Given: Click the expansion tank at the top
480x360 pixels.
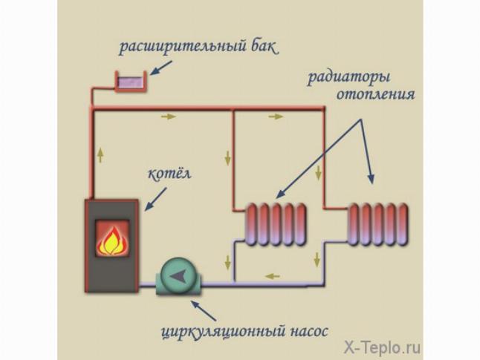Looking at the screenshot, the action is (x=131, y=81).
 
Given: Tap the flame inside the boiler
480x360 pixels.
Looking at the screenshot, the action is (x=112, y=241).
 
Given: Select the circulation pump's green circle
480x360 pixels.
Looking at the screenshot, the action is (x=178, y=275).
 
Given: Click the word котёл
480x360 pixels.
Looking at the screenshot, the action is (x=169, y=174).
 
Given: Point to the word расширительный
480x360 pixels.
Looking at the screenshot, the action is (x=183, y=47).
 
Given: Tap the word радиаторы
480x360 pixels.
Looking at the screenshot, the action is (x=348, y=76).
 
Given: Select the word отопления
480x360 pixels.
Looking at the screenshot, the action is (x=376, y=94).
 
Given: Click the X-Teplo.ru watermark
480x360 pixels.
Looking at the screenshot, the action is (x=382, y=347).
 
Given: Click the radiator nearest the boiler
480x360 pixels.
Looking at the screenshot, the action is (x=276, y=224).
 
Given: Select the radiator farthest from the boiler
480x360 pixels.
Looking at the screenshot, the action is (x=378, y=224).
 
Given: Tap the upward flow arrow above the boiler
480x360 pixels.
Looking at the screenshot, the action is (x=100, y=155).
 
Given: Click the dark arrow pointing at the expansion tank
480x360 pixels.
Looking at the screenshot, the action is (x=160, y=68).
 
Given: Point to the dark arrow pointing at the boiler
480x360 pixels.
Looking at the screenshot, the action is (x=155, y=199).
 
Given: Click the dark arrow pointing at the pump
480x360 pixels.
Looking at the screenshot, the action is (x=204, y=310).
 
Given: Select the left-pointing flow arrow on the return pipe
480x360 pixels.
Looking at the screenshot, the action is (x=273, y=277).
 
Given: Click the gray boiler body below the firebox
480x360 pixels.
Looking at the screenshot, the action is (x=111, y=274).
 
